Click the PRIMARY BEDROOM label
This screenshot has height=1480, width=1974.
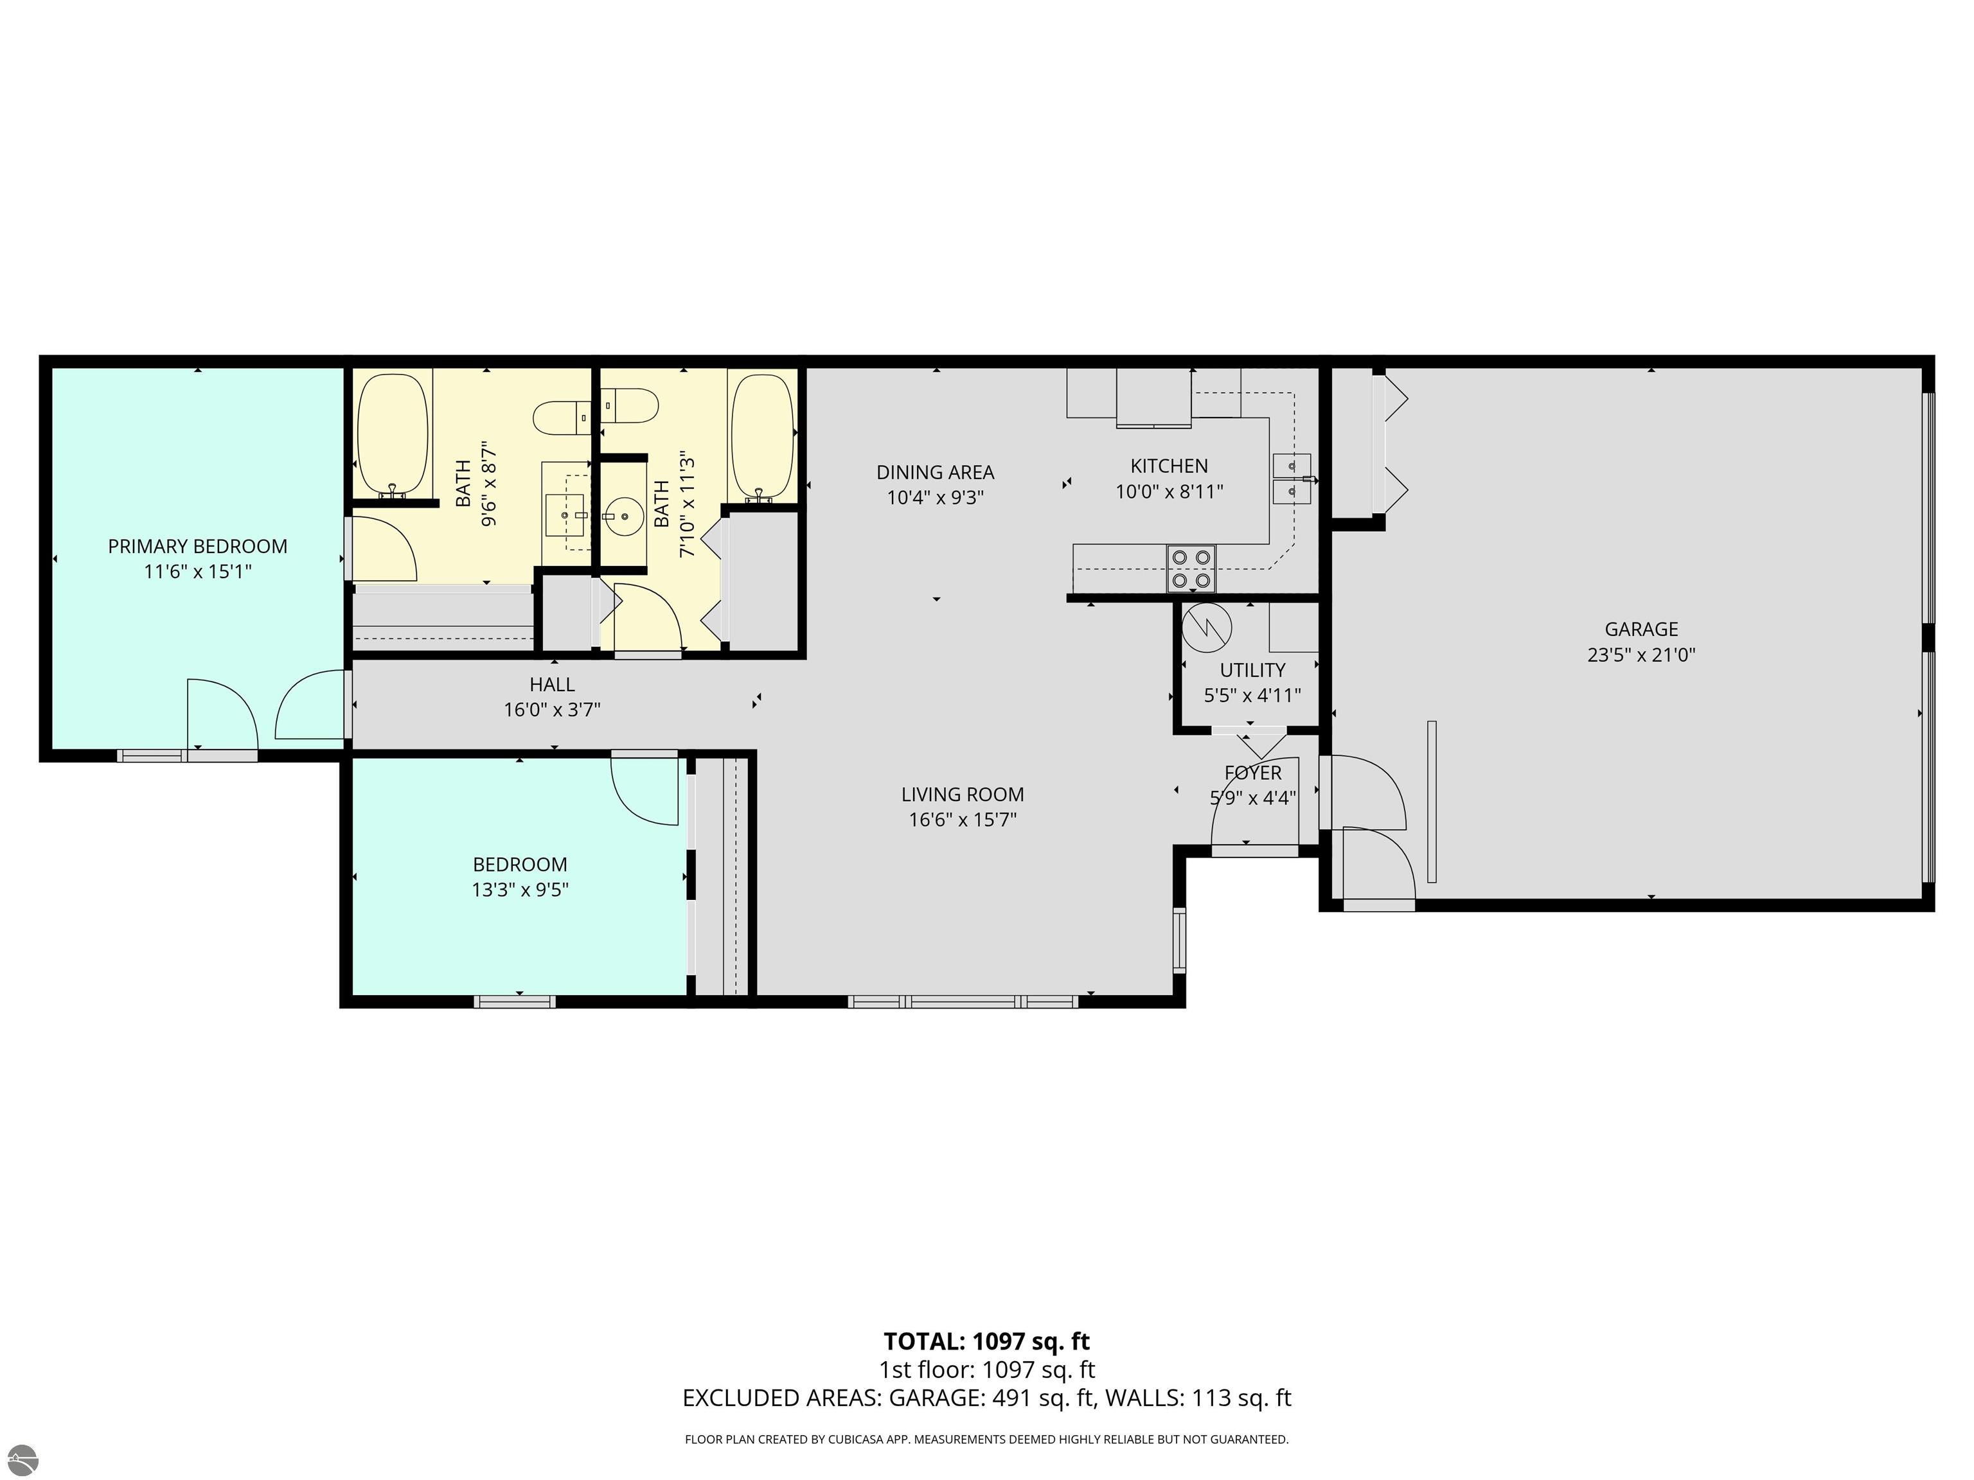(197, 546)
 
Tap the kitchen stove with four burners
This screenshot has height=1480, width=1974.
(1191, 568)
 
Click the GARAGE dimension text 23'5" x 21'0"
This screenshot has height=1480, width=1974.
(1641, 655)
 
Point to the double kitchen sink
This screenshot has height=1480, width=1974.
(1292, 479)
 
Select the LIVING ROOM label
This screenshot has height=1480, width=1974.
(962, 794)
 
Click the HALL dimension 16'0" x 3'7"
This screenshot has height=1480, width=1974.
(551, 710)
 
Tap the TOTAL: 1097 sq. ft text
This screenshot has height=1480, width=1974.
(986, 1341)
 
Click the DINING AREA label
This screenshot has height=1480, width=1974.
(934, 472)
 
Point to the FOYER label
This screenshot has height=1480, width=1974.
(1252, 773)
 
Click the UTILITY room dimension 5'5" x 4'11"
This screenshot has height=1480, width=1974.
(1252, 695)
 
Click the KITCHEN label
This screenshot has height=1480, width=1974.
(1168, 466)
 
